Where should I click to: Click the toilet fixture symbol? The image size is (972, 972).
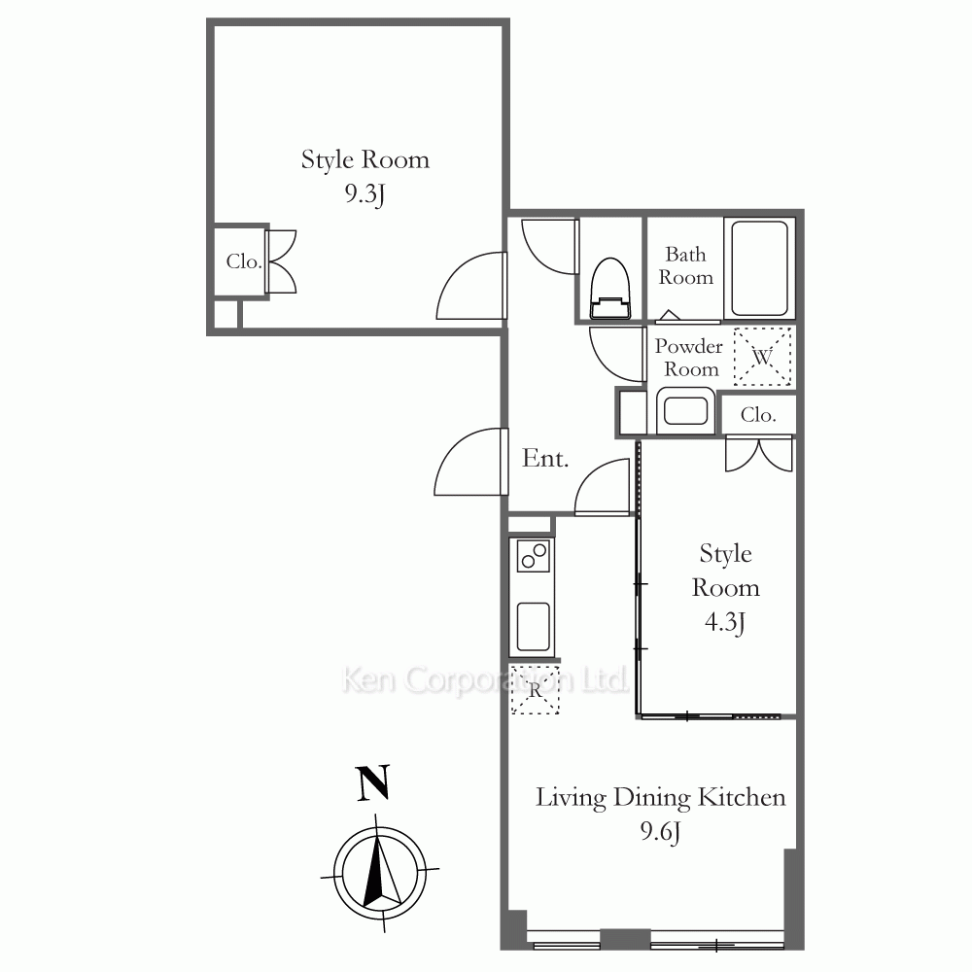(x=610, y=289)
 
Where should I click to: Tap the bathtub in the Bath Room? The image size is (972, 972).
(x=759, y=268)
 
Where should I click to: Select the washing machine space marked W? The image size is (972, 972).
(x=762, y=357)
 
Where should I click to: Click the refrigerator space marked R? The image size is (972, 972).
(x=535, y=689)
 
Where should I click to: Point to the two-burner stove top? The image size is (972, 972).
(x=533, y=556)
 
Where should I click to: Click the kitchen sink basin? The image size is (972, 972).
(x=533, y=627)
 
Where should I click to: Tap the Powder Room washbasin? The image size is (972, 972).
(x=685, y=410)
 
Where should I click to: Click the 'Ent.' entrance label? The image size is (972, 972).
(x=545, y=458)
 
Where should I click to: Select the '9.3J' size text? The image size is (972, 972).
(x=365, y=194)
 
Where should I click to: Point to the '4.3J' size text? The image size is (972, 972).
(x=725, y=622)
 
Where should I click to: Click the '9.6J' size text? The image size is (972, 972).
(x=660, y=831)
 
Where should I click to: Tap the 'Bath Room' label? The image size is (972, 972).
(x=685, y=265)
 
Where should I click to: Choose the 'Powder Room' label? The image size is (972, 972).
(x=689, y=357)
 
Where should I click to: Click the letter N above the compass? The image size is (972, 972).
(x=373, y=782)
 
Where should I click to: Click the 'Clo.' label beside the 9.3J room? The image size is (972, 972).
(x=244, y=261)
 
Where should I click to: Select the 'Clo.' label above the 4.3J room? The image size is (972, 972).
(x=758, y=415)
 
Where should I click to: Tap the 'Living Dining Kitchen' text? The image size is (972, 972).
(x=660, y=798)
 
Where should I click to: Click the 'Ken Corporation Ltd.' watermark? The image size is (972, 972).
(x=485, y=679)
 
